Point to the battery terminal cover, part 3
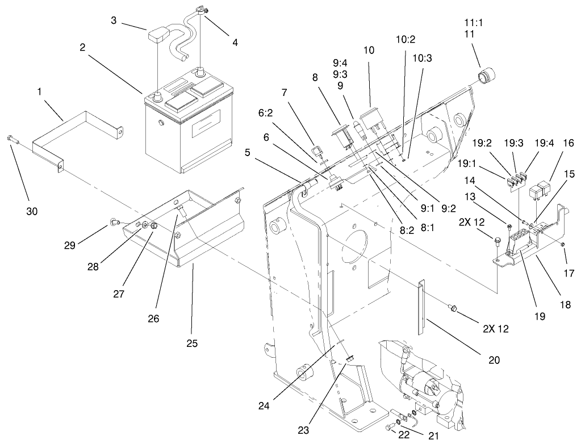(x=160, y=36)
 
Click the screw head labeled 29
(x=114, y=222)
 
